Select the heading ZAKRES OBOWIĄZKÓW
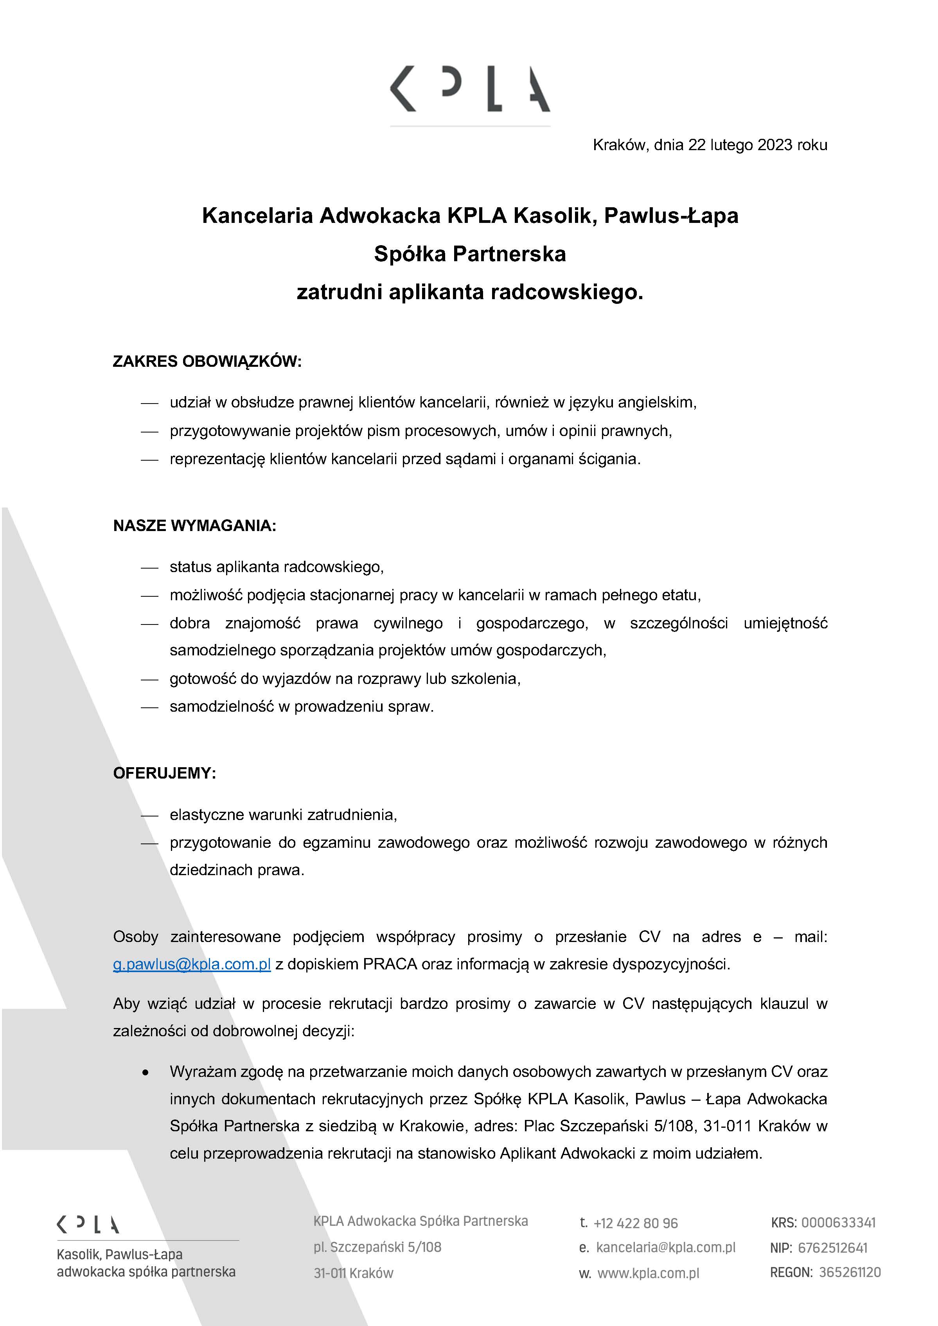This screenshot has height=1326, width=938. tap(207, 362)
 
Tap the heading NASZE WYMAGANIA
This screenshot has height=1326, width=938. tap(195, 526)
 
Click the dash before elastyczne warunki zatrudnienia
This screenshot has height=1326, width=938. tap(149, 815)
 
